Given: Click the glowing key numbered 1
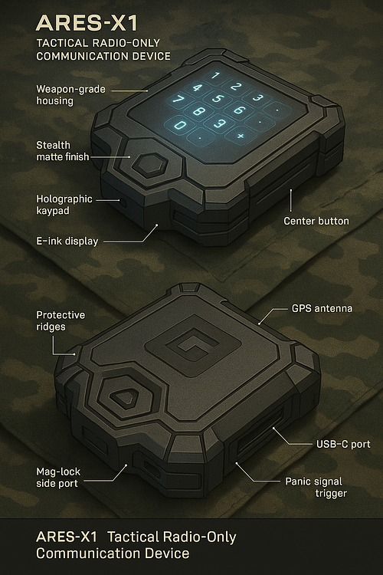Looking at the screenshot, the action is (215, 76).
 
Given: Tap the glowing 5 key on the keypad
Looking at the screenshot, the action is (217, 98).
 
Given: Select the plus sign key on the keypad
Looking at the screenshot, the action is (240, 136).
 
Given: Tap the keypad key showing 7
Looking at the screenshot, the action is (178, 100).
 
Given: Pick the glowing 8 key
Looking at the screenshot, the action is (198, 111).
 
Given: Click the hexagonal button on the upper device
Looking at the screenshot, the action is (150, 165).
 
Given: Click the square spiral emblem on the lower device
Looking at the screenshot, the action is (193, 346).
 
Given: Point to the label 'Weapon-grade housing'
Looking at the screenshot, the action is (70, 95).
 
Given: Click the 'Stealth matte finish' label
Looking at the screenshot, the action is (63, 151).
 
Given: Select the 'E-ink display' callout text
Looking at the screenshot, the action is (67, 242).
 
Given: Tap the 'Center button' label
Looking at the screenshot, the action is (316, 221).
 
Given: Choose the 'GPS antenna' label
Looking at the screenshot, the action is (322, 308).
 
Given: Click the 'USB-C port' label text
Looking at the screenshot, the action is (343, 444).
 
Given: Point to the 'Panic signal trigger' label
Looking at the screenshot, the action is (316, 487).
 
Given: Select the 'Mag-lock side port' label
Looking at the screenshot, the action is (58, 478).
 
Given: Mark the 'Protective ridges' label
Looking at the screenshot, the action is (61, 321).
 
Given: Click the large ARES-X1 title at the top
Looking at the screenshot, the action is (87, 23).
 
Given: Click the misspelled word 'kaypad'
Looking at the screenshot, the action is (53, 211).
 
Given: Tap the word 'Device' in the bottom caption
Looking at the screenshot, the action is (167, 553).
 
